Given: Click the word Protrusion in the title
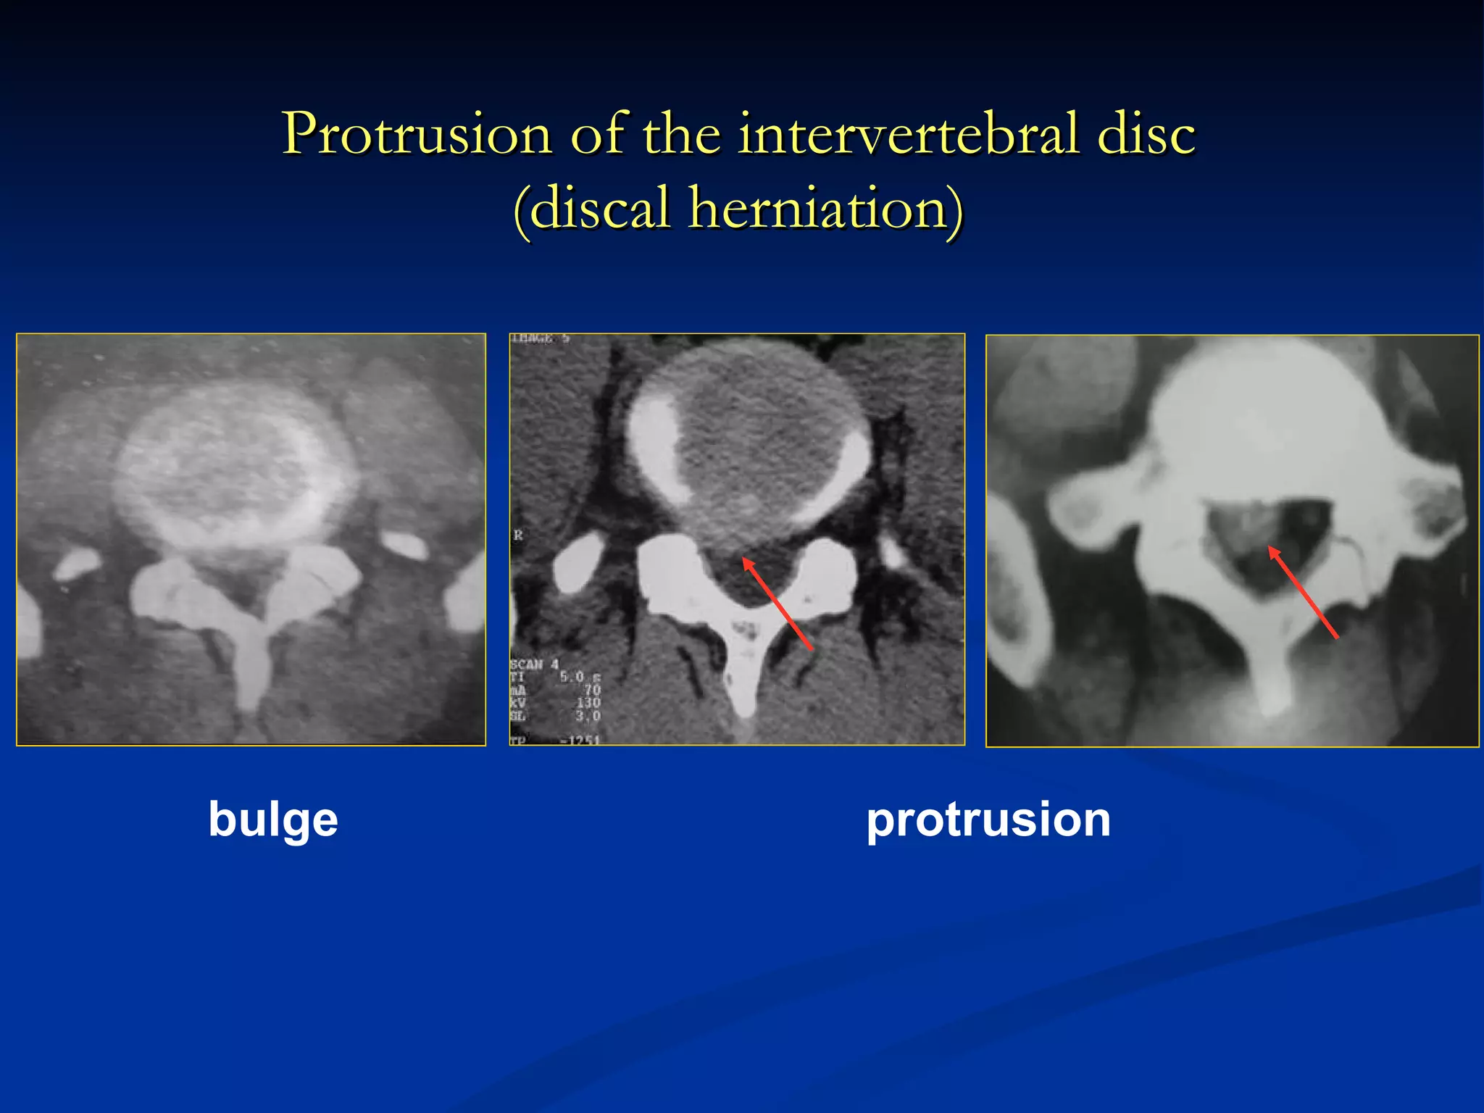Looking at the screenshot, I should (x=417, y=135).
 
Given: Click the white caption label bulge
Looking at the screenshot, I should (x=273, y=820).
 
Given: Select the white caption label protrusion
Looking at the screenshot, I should (x=988, y=820).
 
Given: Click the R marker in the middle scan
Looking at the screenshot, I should (x=518, y=535).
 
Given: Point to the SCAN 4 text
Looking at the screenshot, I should (x=535, y=664).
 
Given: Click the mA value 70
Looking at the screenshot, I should (x=592, y=690).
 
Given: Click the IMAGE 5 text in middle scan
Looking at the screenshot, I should (x=541, y=339).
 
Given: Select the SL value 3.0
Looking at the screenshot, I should (x=588, y=716).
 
